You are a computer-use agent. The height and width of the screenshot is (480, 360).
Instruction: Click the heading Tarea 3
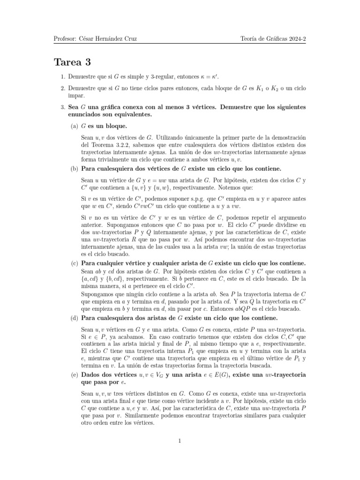(72, 63)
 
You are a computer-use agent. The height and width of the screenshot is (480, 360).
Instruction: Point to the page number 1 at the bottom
(180, 441)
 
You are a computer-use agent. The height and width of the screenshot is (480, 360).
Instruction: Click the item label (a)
(75, 127)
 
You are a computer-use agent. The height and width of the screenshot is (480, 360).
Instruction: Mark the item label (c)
(75, 264)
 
